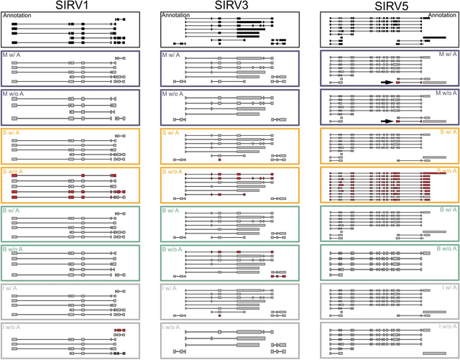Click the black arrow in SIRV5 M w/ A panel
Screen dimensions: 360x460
tap(387, 83)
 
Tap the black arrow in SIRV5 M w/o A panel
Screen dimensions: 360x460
tap(387, 121)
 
